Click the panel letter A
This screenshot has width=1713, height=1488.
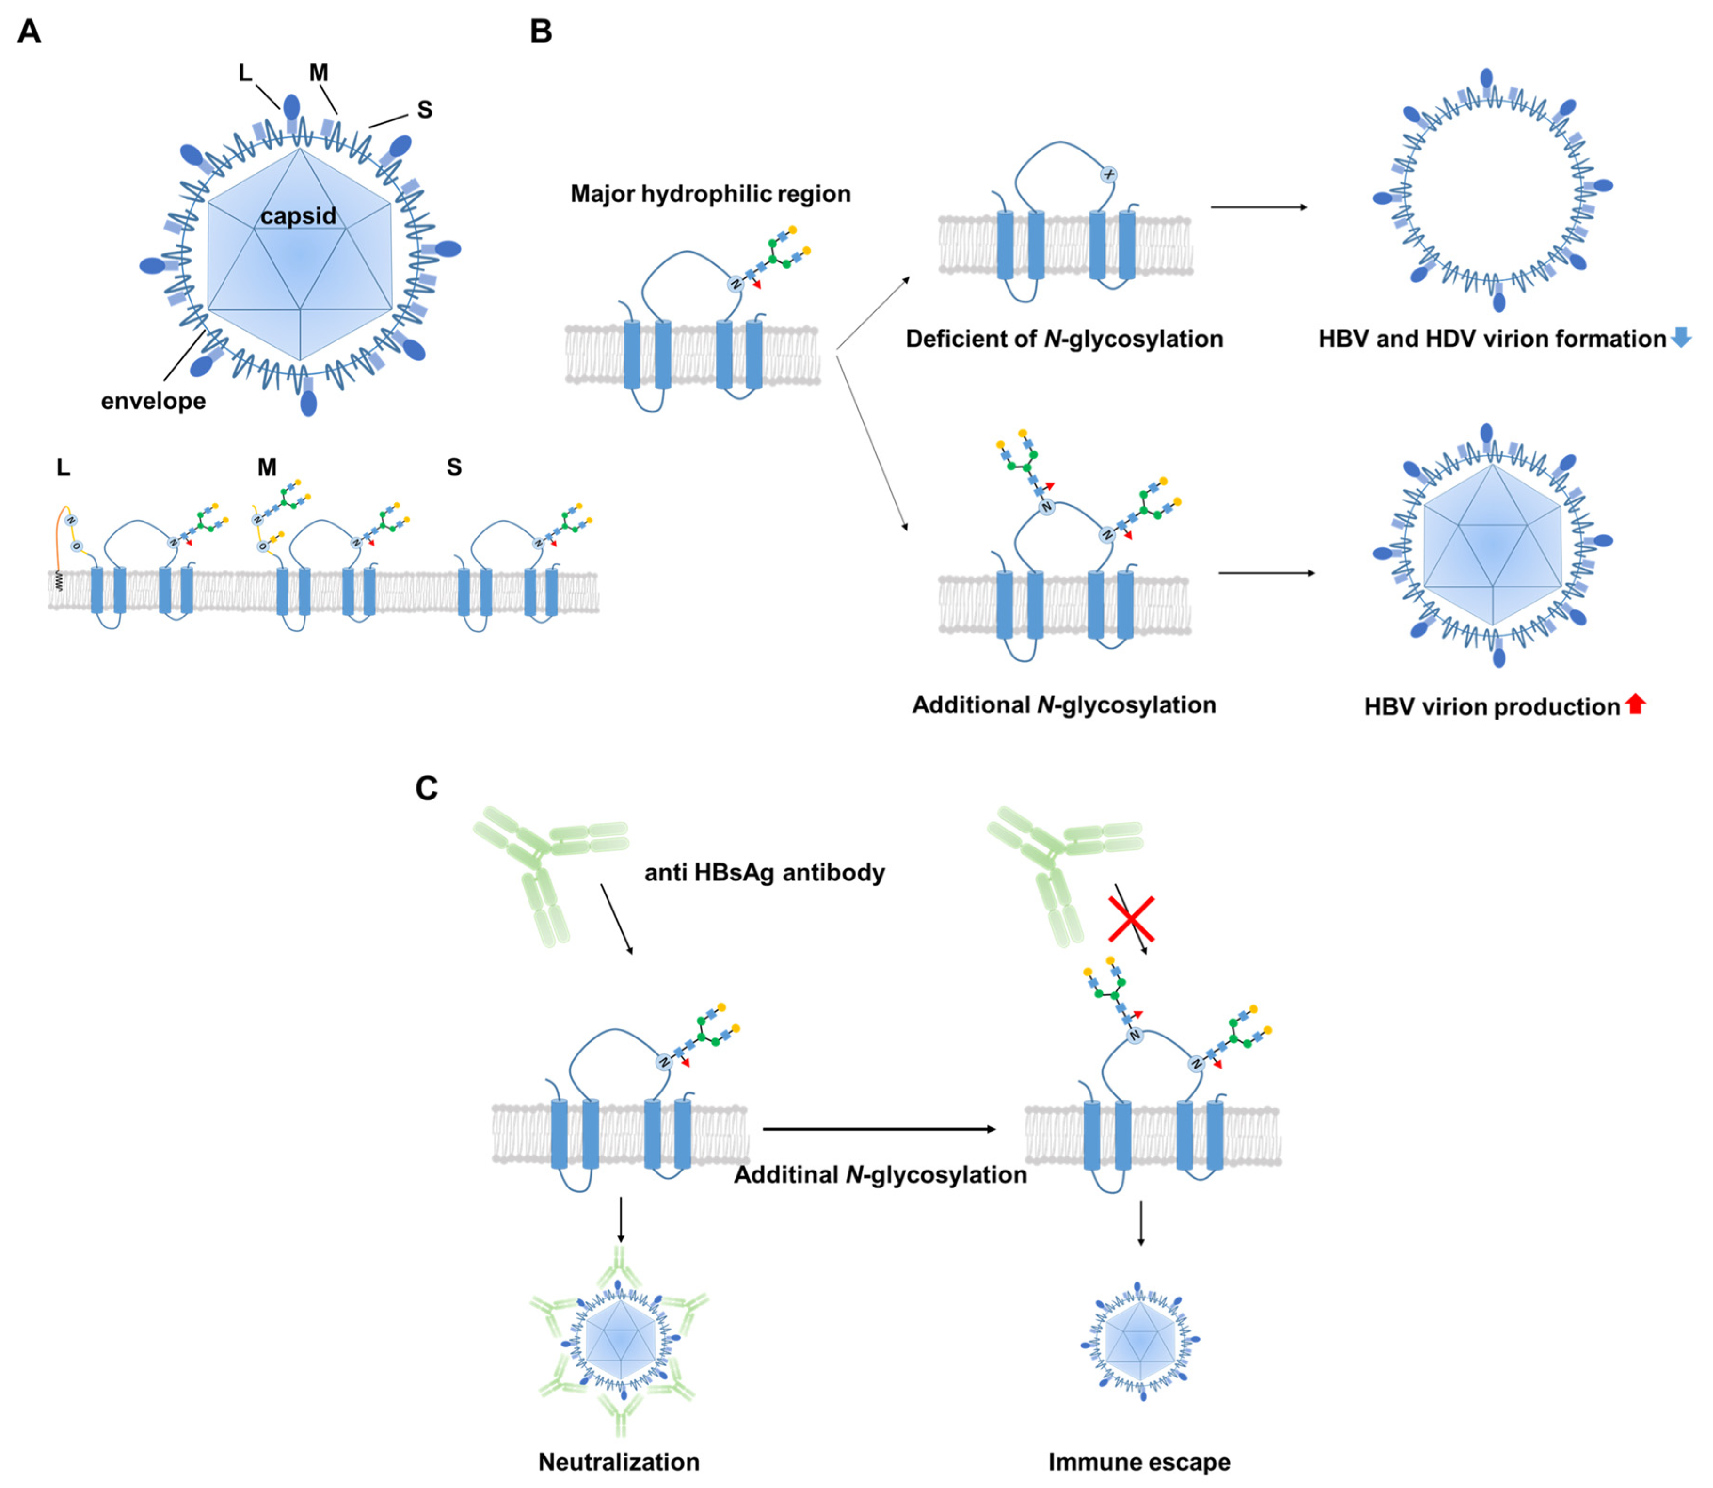[29, 32]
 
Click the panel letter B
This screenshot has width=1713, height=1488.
[541, 32]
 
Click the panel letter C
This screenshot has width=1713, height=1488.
[426, 788]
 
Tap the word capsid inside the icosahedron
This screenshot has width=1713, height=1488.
[298, 216]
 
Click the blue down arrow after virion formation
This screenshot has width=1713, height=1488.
[1681, 337]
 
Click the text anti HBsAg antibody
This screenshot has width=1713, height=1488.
[764, 873]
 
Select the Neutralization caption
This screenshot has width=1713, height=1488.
[619, 1462]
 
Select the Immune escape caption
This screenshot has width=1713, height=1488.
[1139, 1462]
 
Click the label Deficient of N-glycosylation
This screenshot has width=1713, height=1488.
[1064, 339]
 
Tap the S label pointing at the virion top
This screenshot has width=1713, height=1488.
[424, 110]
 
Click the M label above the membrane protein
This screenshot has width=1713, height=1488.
[267, 467]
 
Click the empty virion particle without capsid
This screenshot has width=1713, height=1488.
[1493, 191]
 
